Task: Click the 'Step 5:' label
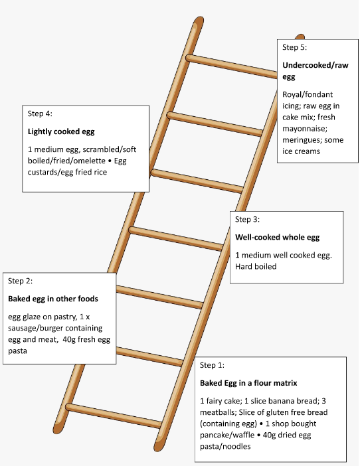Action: (x=294, y=48)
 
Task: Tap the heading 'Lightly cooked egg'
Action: (x=61, y=131)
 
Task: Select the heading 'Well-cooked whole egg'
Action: (x=278, y=237)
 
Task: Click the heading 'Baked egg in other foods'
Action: (x=53, y=299)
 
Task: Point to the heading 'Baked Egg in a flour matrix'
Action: (x=248, y=383)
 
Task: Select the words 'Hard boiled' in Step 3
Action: (x=256, y=266)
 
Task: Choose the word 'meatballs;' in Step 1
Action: (x=218, y=412)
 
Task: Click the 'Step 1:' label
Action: (x=212, y=365)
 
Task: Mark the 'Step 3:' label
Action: (x=247, y=219)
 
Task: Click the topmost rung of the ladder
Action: (x=231, y=66)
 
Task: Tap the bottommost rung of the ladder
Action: (x=114, y=416)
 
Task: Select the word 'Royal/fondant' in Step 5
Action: (x=308, y=94)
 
